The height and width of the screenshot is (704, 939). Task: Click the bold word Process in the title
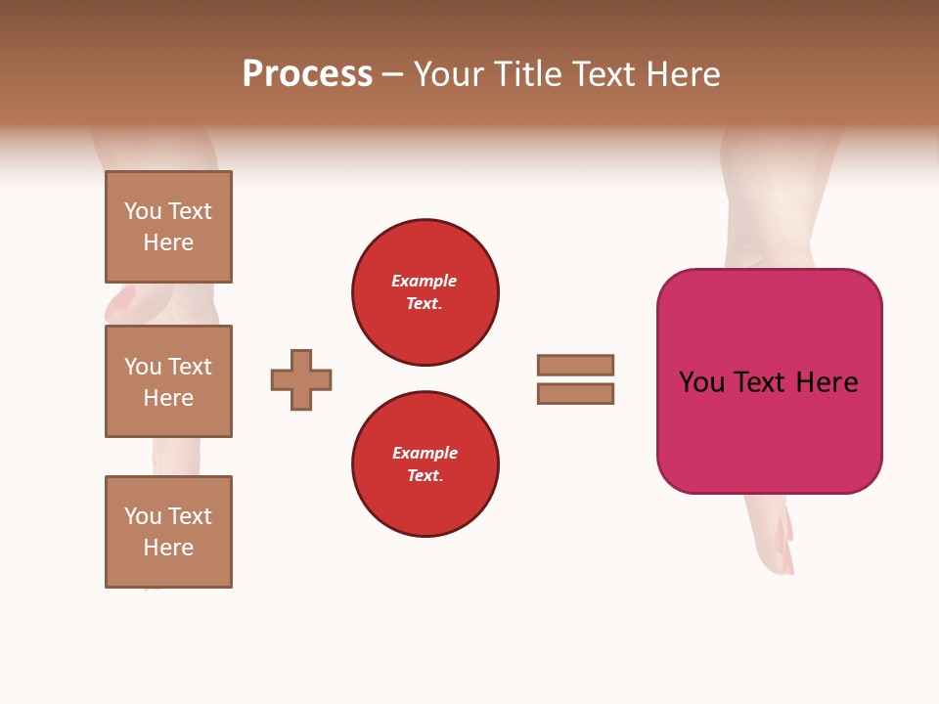[x=307, y=74]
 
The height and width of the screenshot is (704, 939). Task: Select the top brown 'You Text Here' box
[x=168, y=227]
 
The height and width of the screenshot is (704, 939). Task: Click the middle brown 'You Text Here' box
[x=168, y=381]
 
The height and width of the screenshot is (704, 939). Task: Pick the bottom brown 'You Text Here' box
[x=168, y=531]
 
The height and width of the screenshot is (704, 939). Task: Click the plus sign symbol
[x=301, y=379]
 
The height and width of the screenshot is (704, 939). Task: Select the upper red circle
[x=425, y=291]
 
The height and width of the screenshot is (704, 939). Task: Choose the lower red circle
[x=425, y=463]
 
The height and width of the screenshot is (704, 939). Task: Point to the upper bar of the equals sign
[x=575, y=365]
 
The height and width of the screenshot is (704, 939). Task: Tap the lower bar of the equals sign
[x=575, y=393]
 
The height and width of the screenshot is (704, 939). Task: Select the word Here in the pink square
[x=827, y=382]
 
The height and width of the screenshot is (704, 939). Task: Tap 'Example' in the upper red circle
[x=424, y=281]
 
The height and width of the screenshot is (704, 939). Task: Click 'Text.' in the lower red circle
[x=425, y=475]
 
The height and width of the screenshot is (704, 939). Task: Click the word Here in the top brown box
[x=168, y=242]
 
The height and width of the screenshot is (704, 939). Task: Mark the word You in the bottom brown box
[x=143, y=516]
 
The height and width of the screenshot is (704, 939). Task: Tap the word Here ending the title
[x=681, y=74]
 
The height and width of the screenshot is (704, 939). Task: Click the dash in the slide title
[x=392, y=74]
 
